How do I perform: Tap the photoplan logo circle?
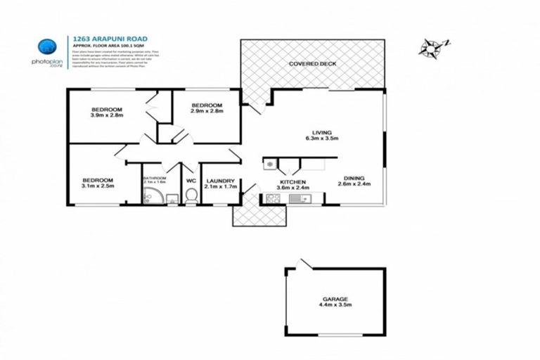click(48, 46)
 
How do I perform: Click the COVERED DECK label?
click(313, 64)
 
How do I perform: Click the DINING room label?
click(353, 177)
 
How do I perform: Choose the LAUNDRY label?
click(219, 181)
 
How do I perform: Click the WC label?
click(191, 181)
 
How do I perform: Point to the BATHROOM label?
click(155, 178)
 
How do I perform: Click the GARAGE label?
click(335, 298)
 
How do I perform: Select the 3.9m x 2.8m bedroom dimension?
click(107, 117)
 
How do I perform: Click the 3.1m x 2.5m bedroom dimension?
click(97, 186)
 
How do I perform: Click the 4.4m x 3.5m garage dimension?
click(335, 305)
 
